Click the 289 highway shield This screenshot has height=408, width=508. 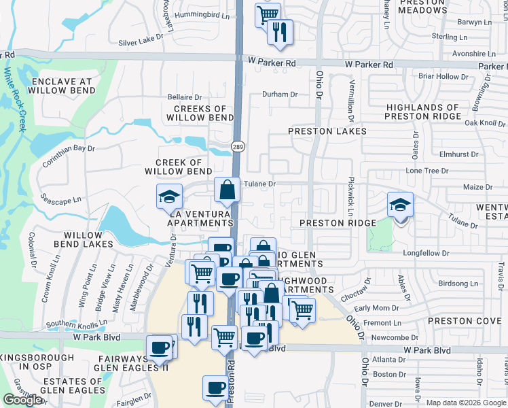coord(238,146)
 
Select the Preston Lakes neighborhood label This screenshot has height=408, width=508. coord(327,131)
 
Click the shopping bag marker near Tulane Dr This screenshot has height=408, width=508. coord(228,190)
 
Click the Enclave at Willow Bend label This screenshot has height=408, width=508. coord(62,86)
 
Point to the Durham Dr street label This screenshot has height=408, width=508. coord(280,95)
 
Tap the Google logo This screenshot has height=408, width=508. coord(22,400)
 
